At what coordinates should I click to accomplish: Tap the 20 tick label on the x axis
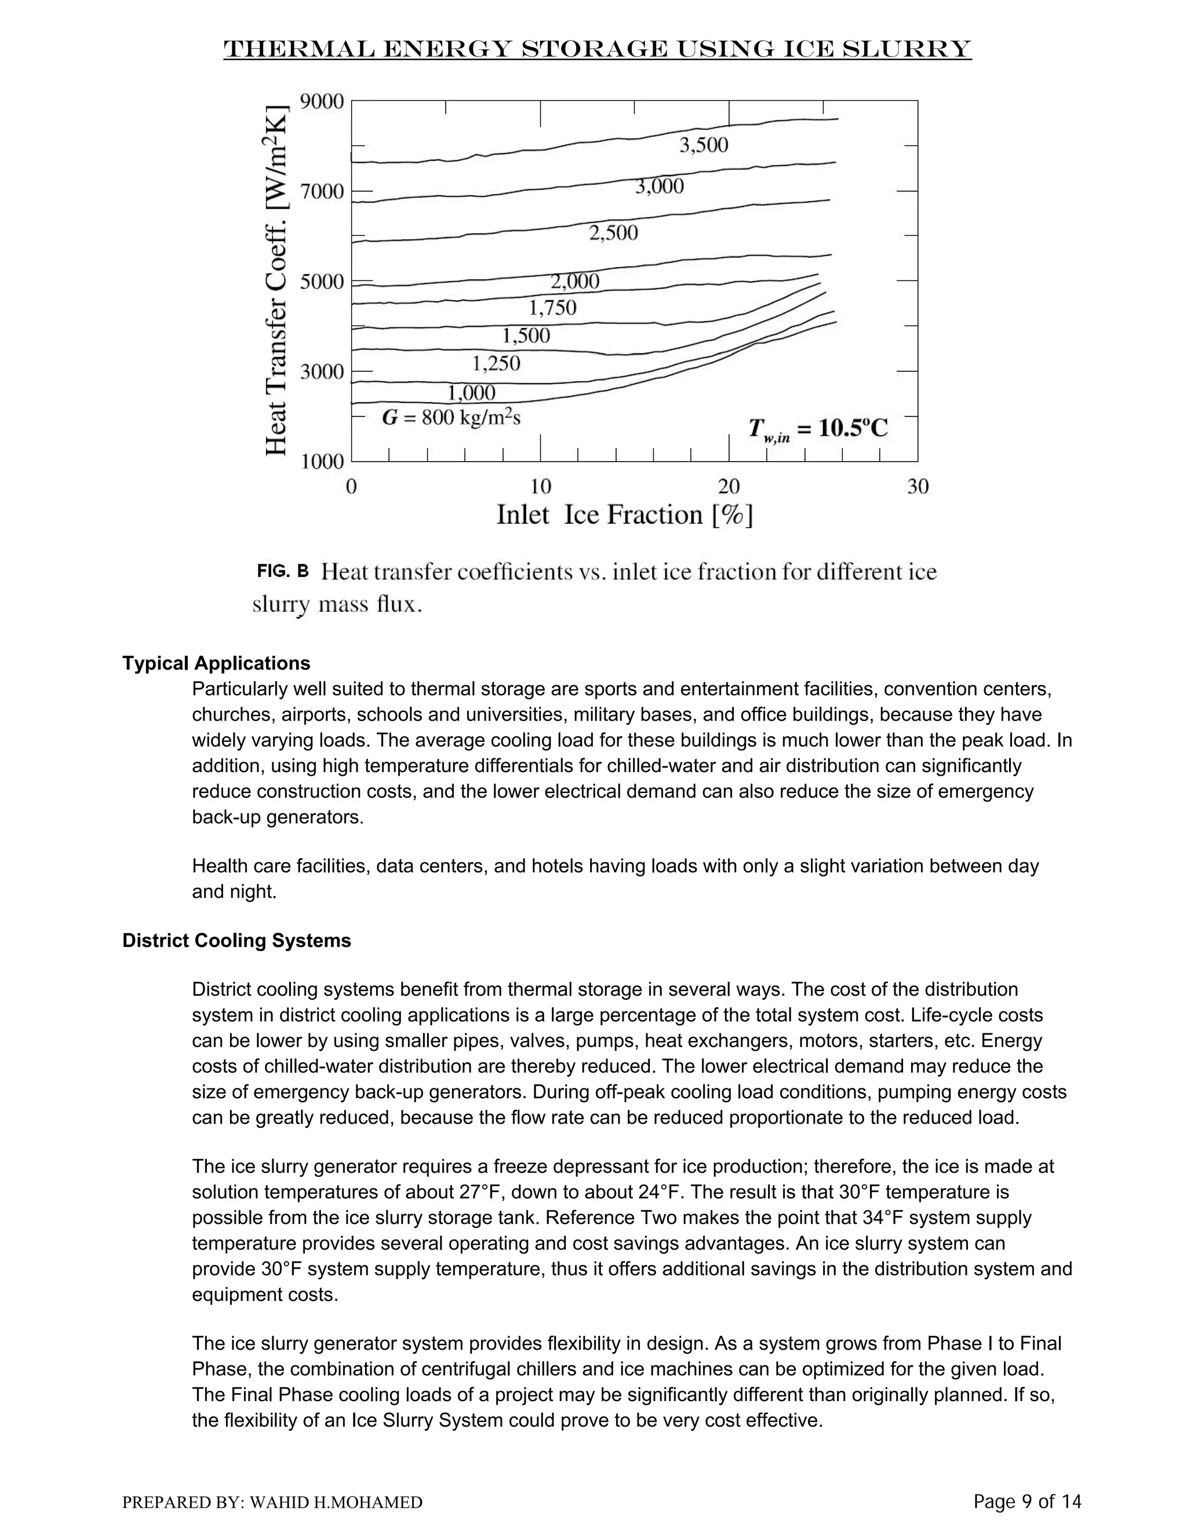coord(729,487)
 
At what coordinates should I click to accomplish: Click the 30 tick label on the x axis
coord(917,487)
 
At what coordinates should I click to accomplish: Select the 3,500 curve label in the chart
coord(703,145)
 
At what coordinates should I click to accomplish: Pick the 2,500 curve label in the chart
coord(613,233)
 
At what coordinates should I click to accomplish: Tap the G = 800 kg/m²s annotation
coord(451,418)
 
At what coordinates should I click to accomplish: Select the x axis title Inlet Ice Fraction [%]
coord(624,515)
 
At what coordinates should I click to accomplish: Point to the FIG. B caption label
coord(283,571)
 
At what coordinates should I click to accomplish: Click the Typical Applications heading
coord(216,663)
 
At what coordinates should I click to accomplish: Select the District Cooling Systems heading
coord(236,940)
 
